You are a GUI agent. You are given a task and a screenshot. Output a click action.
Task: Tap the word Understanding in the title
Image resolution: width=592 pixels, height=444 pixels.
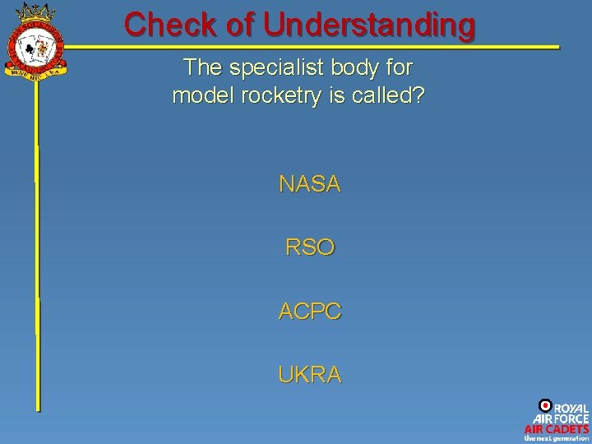369,25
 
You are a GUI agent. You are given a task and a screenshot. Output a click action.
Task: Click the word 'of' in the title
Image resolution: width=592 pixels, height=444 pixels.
242,24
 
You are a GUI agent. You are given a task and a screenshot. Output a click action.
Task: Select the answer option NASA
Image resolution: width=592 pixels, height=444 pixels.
309,184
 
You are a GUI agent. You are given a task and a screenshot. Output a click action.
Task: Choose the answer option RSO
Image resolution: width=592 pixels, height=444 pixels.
309,247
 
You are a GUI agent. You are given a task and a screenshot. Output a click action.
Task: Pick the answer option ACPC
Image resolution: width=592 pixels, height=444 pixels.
309,312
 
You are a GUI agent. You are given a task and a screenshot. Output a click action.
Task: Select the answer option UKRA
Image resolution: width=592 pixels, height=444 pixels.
309,375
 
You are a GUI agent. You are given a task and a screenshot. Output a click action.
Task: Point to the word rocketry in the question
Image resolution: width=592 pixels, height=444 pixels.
279,96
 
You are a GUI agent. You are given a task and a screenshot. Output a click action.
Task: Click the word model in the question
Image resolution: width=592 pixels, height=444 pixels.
198,96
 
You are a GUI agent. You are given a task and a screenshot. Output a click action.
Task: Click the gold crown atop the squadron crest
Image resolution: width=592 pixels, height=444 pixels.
35,14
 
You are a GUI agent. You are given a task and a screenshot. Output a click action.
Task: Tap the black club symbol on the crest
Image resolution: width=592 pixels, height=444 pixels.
28,49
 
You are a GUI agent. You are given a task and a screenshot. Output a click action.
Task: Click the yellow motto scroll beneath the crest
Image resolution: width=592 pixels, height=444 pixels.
35,72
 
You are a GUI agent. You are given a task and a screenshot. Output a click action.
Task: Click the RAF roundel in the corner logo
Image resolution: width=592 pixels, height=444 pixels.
544,405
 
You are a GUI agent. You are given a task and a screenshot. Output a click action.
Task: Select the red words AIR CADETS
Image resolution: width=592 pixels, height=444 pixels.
557,428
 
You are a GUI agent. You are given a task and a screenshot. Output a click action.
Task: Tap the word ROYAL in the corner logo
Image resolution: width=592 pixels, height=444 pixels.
571,409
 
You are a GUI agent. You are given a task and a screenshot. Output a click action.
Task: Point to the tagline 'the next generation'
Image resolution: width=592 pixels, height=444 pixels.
557,438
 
